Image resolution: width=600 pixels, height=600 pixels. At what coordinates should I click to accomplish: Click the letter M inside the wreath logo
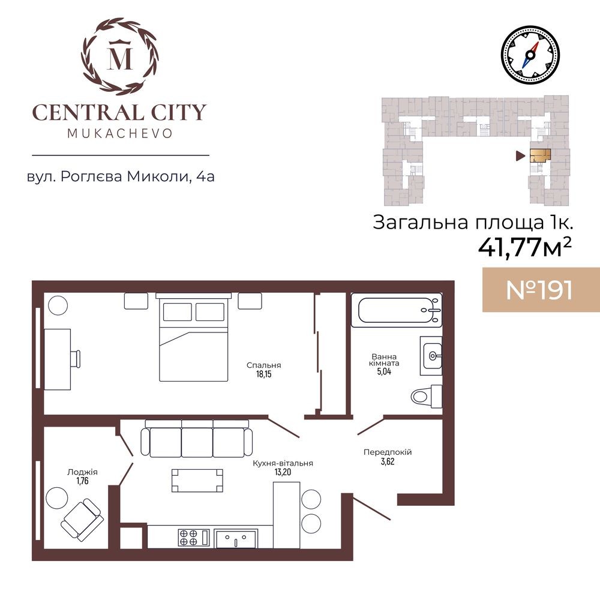click(x=121, y=58)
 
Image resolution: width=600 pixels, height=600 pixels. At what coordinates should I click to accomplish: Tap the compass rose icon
click(x=530, y=55)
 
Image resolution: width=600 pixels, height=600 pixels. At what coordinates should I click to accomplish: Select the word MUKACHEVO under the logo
click(x=120, y=134)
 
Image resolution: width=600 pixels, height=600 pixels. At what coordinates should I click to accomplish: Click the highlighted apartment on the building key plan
click(x=540, y=155)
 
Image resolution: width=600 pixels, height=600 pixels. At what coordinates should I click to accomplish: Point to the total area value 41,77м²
click(x=525, y=248)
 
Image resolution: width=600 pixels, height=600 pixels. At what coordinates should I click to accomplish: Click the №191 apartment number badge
click(x=539, y=290)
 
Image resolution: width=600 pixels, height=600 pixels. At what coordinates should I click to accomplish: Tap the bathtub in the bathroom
click(x=397, y=310)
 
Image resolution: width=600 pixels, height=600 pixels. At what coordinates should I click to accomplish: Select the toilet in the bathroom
click(x=426, y=396)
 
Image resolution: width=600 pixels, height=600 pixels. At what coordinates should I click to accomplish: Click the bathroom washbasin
click(x=431, y=356)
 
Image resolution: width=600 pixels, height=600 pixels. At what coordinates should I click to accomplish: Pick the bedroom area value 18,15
click(x=263, y=374)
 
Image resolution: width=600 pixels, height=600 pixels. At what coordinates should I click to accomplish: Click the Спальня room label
click(x=263, y=365)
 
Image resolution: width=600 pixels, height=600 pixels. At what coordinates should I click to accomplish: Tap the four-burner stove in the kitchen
click(x=194, y=537)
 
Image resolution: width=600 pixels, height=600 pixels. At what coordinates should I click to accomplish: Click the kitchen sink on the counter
click(x=236, y=538)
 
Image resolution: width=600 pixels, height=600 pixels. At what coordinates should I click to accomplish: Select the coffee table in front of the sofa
click(x=197, y=480)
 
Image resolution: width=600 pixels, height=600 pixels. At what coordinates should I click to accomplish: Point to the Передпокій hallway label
click(x=388, y=452)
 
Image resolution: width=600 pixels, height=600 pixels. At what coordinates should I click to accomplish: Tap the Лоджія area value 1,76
click(x=82, y=481)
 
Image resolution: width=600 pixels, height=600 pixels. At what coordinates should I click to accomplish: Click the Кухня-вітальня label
click(x=283, y=463)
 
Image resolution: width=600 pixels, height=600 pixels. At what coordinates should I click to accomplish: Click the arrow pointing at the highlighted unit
click(x=520, y=155)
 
